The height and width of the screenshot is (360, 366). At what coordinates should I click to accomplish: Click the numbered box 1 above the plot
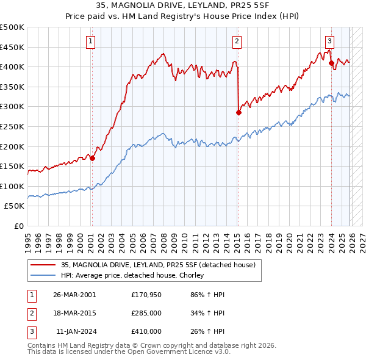pos(90,41)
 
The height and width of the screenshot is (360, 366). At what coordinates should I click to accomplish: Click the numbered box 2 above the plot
pos(237,41)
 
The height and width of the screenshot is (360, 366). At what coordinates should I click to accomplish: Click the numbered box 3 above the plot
pos(329,41)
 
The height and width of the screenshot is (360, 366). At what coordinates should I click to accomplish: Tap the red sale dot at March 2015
pos(239,112)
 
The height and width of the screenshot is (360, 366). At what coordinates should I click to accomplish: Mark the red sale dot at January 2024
pos(331,63)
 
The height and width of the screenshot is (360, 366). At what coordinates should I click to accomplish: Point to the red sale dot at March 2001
pos(92,158)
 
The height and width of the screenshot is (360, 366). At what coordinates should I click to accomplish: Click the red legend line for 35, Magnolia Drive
pos(43,265)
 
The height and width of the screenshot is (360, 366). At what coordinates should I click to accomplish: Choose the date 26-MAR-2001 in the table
pos(74,294)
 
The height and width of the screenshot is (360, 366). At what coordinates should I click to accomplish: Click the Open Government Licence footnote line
pos(129,352)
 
